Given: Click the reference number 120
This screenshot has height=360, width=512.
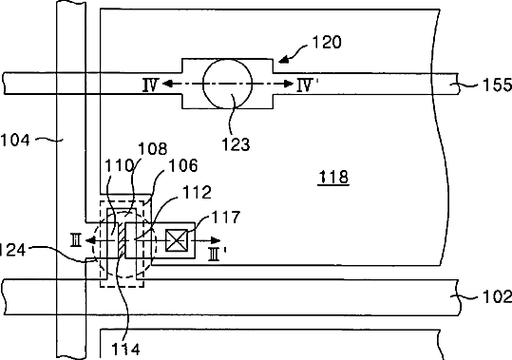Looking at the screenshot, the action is click(x=327, y=43).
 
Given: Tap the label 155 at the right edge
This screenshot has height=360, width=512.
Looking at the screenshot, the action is click(x=497, y=85).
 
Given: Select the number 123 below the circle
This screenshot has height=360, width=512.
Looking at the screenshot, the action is click(x=236, y=144).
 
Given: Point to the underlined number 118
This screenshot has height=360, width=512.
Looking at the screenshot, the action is click(x=333, y=177).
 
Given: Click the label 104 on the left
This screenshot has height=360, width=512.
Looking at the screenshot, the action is click(x=15, y=141).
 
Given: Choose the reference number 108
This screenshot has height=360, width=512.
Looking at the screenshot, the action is click(x=153, y=149).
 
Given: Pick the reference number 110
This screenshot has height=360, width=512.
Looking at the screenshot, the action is click(x=119, y=166).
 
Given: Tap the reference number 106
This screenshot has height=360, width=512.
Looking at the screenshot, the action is click(x=183, y=166).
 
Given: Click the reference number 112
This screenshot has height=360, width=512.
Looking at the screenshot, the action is click(x=197, y=192).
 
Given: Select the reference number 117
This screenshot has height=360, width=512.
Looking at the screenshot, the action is click(x=226, y=217).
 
